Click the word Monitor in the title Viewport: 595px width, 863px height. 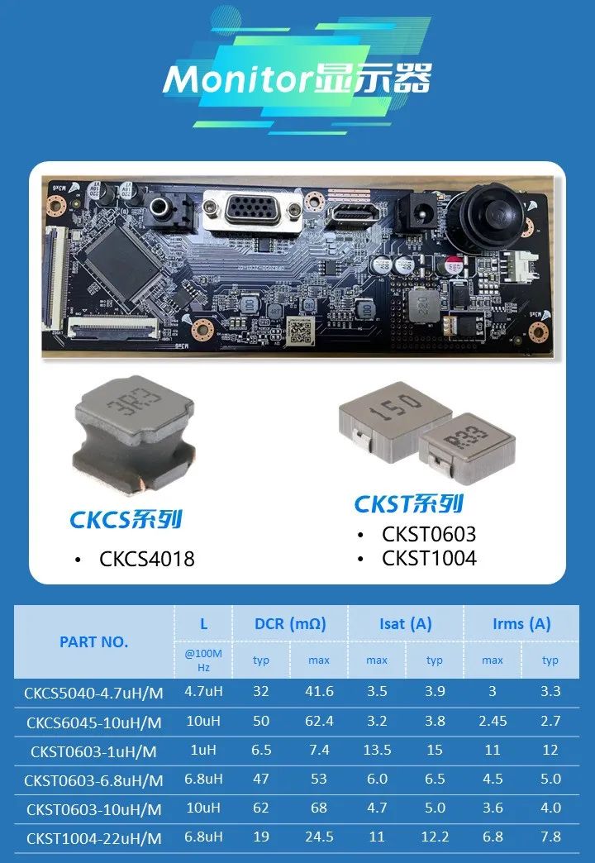pos(238,79)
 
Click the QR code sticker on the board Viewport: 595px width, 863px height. pos(301,330)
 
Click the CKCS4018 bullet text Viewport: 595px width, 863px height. pos(147,559)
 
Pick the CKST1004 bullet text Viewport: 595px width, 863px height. pos(430,558)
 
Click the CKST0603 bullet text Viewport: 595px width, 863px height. pos(430,534)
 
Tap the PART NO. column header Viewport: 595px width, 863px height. pos(93,641)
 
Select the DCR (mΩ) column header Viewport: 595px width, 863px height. pos(290,624)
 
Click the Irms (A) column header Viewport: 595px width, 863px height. pos(521,624)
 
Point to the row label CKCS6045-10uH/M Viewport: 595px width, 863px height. pos(94,722)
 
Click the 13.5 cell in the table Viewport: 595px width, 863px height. pos(377,750)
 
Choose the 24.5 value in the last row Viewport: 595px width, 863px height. pos(319,837)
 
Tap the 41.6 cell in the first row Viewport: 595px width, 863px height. pos(319,691)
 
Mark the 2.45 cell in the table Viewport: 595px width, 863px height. pos(493,721)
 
